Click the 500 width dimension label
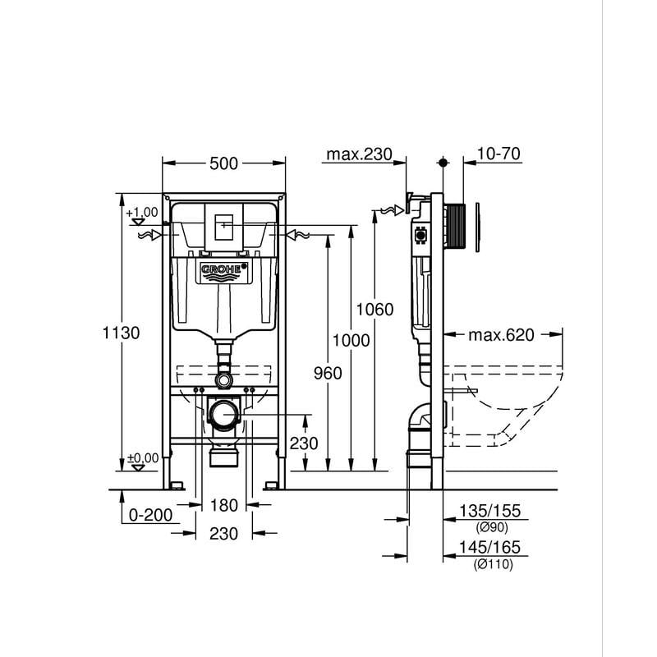[223, 163]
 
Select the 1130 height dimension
[121, 333]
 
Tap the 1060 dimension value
[374, 310]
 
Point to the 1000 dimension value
[351, 340]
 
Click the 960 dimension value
[328, 373]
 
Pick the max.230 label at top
[360, 154]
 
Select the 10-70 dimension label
[499, 154]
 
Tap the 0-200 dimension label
[150, 515]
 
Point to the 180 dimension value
[223, 505]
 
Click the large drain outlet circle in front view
[223, 416]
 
